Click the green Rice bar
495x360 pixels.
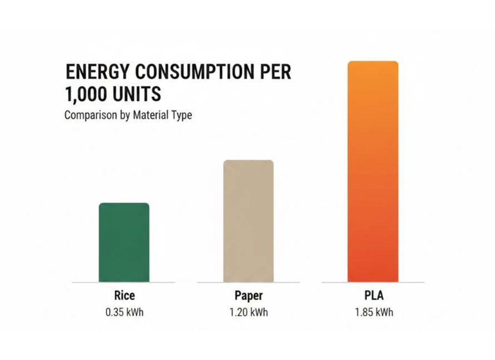[124, 243]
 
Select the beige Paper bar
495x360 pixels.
[248, 221]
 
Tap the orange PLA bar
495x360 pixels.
[373, 171]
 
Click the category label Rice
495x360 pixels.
[124, 296]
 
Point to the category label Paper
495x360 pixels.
[248, 296]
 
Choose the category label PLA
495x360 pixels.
[373, 296]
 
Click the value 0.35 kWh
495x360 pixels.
[124, 312]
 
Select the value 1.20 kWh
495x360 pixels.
[248, 312]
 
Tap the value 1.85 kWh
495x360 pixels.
[373, 312]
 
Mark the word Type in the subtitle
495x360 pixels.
[181, 116]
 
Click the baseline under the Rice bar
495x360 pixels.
[124, 283]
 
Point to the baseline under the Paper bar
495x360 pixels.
[248, 283]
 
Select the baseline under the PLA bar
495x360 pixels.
[373, 283]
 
